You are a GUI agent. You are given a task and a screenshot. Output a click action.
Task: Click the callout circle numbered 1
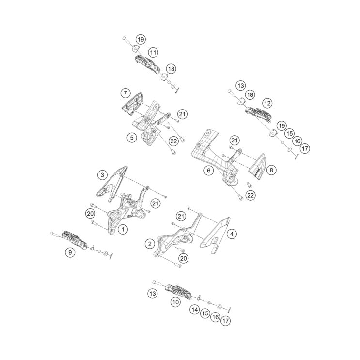(x=123, y=229)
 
